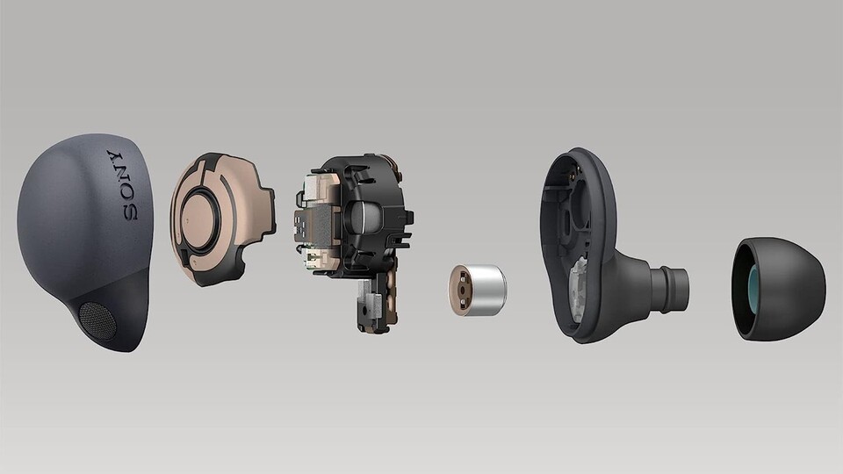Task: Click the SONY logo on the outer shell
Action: [x=123, y=185]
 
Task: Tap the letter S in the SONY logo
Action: [x=130, y=212]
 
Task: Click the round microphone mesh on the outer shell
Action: [x=97, y=320]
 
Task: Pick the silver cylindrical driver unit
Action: [x=478, y=290]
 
